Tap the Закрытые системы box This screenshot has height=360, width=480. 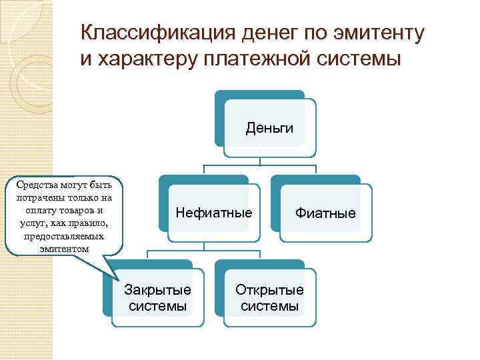pos(158,298)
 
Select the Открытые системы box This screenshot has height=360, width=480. pos(269,298)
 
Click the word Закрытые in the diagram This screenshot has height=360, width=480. pos(158,290)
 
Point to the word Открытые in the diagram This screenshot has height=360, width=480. pos(269,290)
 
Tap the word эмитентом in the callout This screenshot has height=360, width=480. pos(63,249)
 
